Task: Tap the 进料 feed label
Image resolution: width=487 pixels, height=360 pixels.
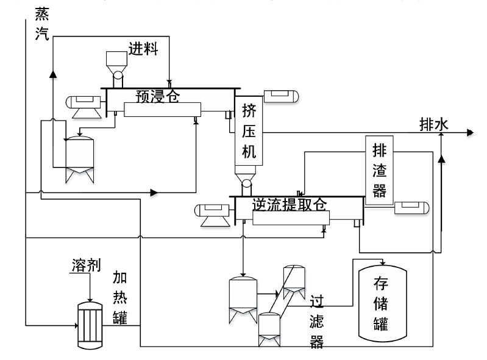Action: [x=143, y=49]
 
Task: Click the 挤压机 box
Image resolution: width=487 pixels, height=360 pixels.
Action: [x=249, y=131]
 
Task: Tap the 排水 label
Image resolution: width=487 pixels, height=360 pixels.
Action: [x=434, y=124]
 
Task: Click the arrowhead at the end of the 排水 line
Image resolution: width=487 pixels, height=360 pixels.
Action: [x=470, y=132]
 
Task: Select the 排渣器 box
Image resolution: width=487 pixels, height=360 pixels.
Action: [x=379, y=168]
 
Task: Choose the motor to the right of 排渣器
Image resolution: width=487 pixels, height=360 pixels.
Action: [x=412, y=208]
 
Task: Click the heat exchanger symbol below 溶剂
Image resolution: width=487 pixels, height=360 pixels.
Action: [x=89, y=324]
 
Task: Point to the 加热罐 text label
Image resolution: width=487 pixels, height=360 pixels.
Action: [x=120, y=297]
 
